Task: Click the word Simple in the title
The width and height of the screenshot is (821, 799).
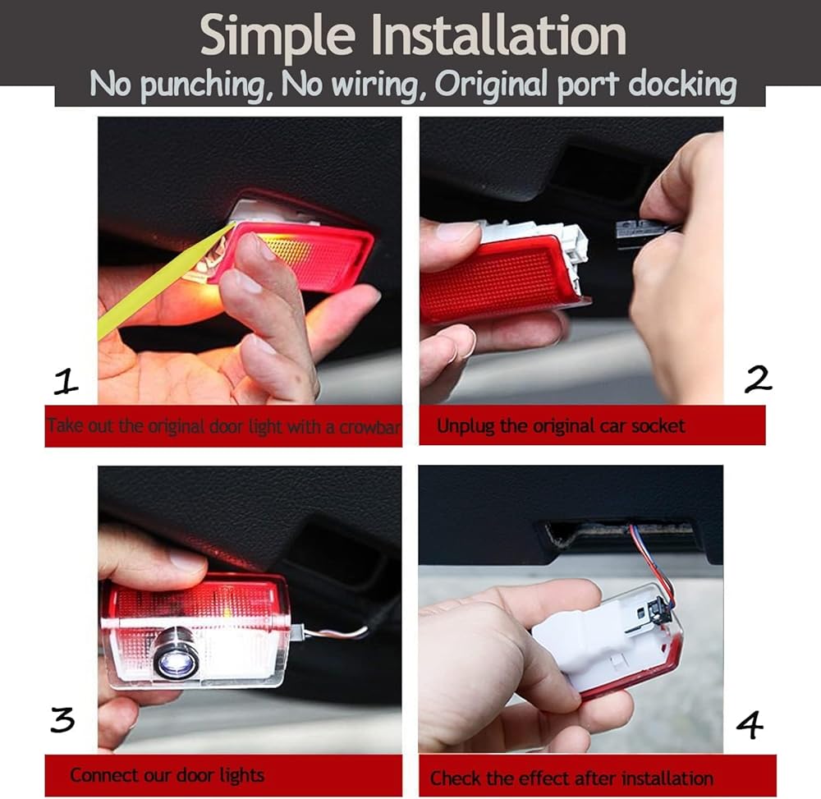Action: pyautogui.click(x=278, y=38)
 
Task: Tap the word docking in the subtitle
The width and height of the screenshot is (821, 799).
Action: pyautogui.click(x=681, y=85)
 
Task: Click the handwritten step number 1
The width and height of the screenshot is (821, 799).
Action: pyautogui.click(x=66, y=381)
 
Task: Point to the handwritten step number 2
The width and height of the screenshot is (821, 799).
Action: pyautogui.click(x=757, y=379)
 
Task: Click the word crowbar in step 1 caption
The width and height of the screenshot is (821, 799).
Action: pyautogui.click(x=369, y=427)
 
